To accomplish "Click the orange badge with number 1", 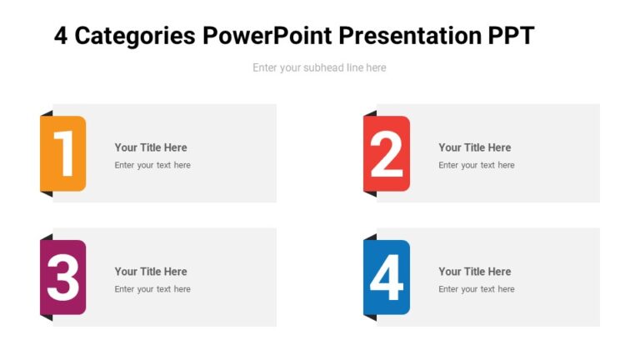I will (63, 153).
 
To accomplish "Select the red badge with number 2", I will (387, 153).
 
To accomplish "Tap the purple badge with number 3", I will (63, 277).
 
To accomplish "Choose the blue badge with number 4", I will (387, 277).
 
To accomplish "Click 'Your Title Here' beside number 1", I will (151, 147).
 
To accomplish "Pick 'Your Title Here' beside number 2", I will (475, 147).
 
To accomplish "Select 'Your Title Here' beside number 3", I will (151, 272).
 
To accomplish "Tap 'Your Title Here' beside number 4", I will (475, 272).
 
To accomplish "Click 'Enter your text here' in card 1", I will (152, 165).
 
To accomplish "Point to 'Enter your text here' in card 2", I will (477, 165).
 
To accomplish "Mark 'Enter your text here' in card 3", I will (152, 289).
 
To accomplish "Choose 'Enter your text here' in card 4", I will (477, 289).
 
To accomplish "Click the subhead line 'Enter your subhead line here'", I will (319, 67).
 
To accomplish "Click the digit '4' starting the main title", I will (61, 36).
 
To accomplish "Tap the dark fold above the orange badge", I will (47, 113).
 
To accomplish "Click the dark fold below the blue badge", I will (371, 317).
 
